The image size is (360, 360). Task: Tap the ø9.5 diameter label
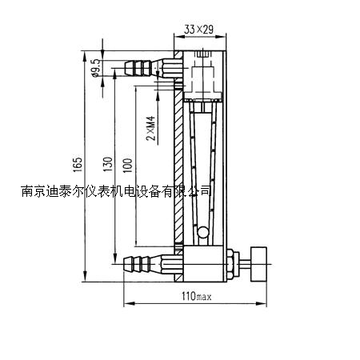click(96, 70)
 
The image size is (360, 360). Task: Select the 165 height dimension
click(78, 164)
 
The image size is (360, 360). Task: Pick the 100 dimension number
click(127, 166)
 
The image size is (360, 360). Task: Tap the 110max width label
click(198, 297)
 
